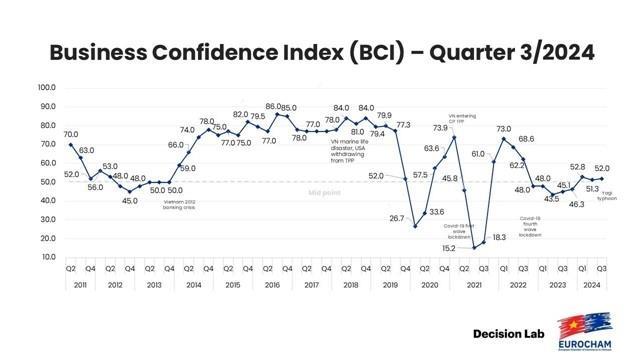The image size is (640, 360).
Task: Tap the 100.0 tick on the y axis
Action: pyautogui.click(x=45, y=88)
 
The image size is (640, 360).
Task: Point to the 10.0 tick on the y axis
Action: pyautogui.click(x=46, y=257)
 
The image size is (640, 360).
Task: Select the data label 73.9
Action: pyautogui.click(x=440, y=128)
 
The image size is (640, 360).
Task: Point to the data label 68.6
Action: pyautogui.click(x=526, y=139)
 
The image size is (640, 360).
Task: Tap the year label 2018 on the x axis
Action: pyautogui.click(x=350, y=285)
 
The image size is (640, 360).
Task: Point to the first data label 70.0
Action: pyautogui.click(x=71, y=134)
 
